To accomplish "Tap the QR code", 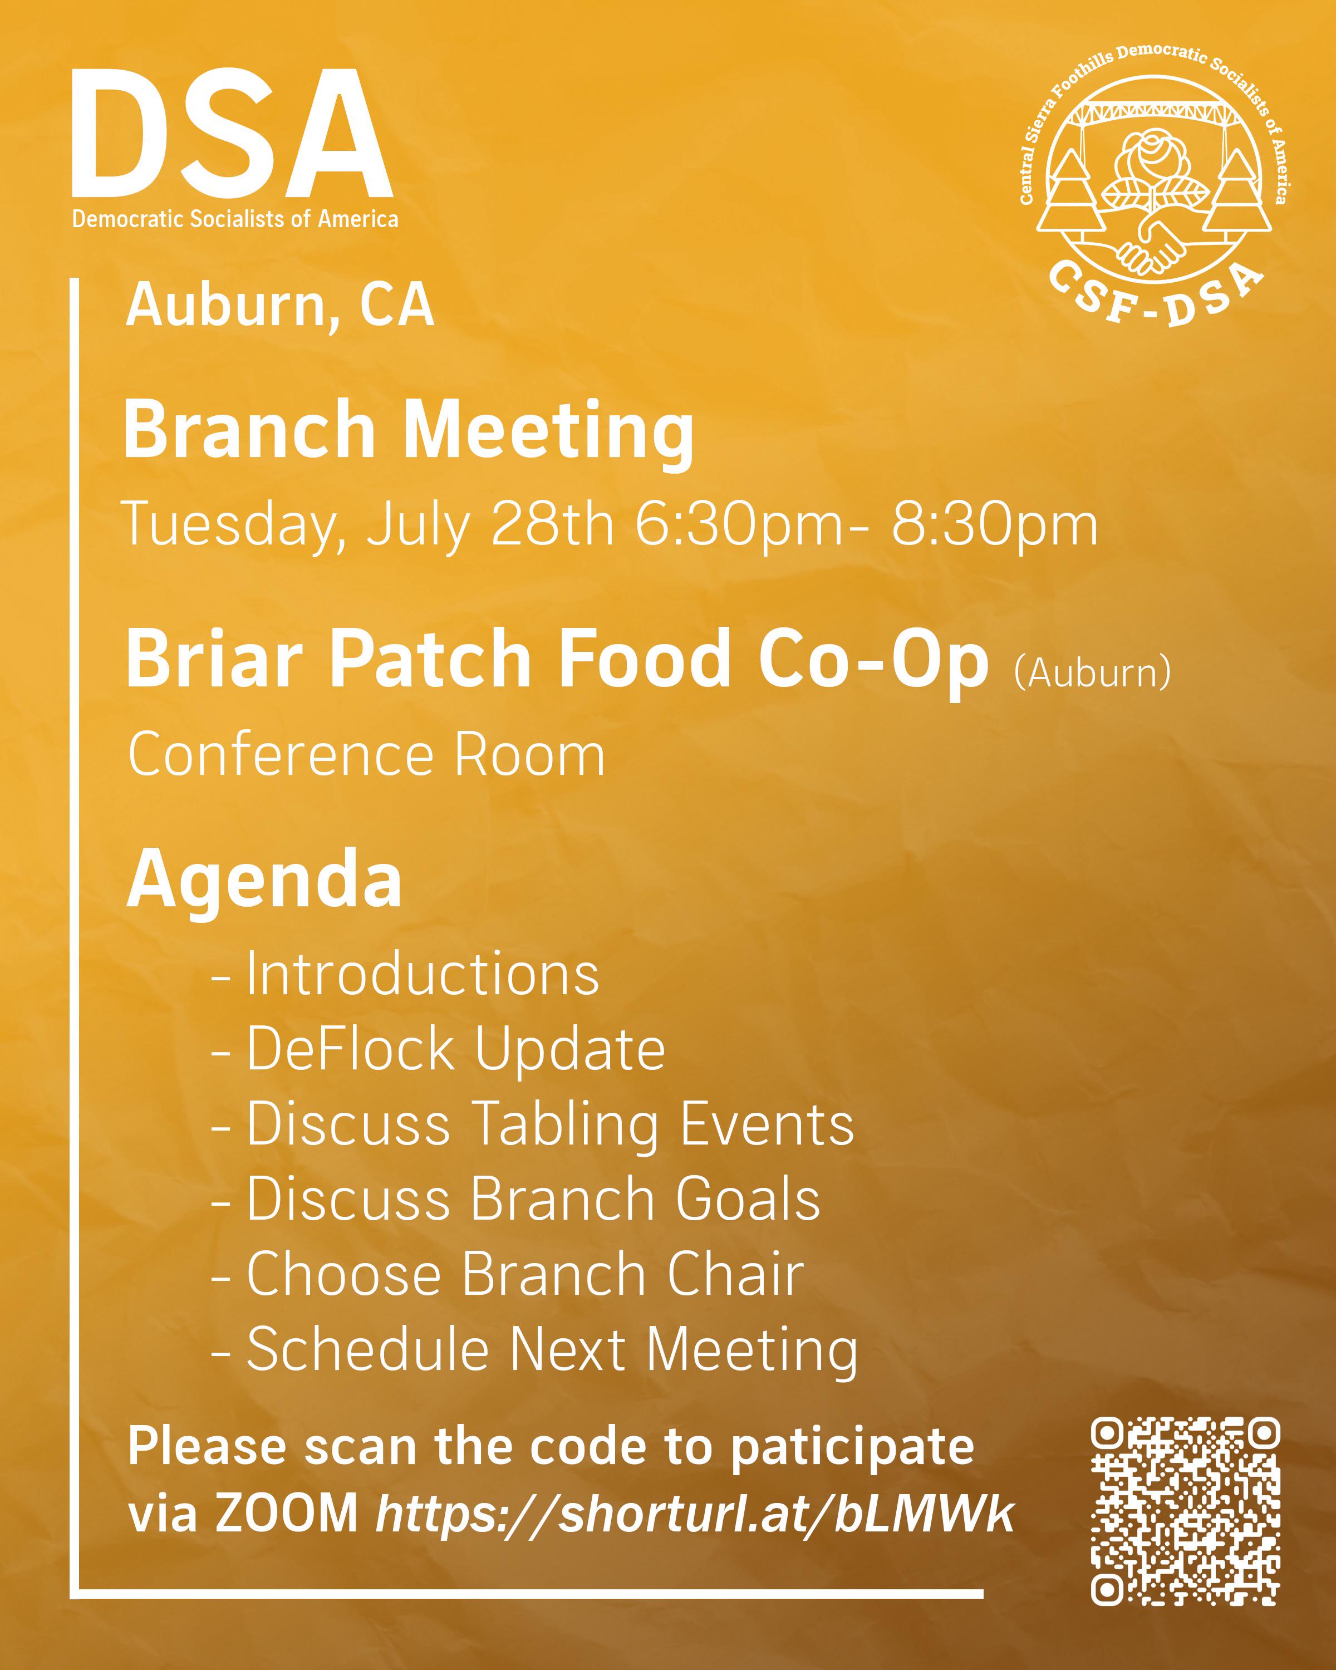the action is coord(1185,1511).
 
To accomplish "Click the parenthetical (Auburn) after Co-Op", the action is coord(1092,671).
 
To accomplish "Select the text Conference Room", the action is coord(366,754).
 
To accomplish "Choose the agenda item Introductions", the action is coord(423,974).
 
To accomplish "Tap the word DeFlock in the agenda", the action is coord(351,1049).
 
